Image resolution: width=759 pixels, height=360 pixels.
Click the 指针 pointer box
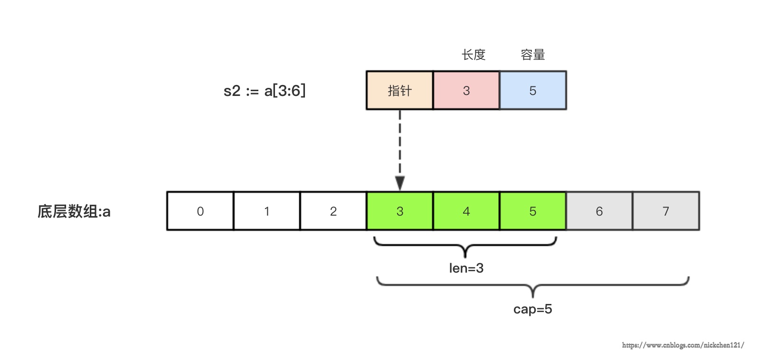(x=399, y=90)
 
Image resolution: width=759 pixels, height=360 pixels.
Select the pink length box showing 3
(x=466, y=90)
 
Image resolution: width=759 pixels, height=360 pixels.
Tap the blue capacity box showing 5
(x=532, y=90)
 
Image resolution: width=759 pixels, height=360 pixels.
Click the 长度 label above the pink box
(x=474, y=55)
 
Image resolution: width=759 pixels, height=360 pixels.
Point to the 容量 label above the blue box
(x=532, y=55)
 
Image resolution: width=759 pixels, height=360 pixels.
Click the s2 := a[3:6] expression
(x=265, y=90)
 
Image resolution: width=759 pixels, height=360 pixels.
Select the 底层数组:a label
(x=74, y=211)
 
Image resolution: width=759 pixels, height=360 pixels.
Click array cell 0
(x=200, y=211)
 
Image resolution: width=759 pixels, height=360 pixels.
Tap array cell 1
(x=266, y=211)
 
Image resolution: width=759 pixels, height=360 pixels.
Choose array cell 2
(x=333, y=211)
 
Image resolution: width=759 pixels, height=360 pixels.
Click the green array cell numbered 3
(x=399, y=211)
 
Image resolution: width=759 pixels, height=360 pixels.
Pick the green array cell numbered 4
(x=466, y=211)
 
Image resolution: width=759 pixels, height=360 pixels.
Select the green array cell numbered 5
(x=532, y=211)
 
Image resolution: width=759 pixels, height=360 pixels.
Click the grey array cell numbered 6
(x=599, y=211)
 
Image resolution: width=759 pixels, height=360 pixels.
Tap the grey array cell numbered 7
(x=665, y=211)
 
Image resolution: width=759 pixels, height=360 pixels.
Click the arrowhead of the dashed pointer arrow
(x=400, y=183)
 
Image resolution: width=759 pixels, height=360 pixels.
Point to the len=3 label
(x=466, y=268)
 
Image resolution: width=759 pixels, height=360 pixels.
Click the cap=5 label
(x=532, y=309)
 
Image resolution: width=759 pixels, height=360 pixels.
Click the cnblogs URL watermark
(x=683, y=345)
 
